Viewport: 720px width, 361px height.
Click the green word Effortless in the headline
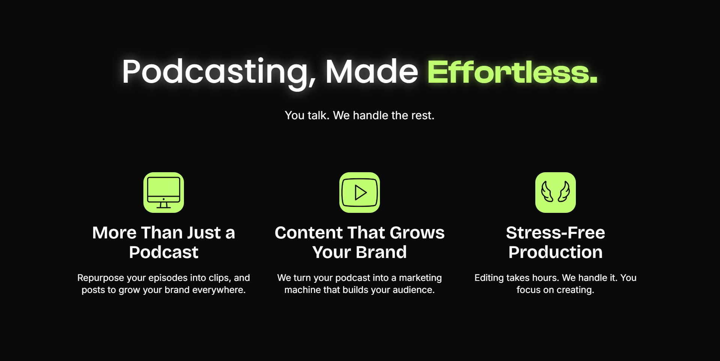tap(512, 72)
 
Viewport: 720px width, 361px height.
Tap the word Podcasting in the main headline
tap(219, 73)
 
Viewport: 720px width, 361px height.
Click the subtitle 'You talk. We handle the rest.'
tap(360, 115)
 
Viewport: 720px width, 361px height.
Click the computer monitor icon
tap(164, 193)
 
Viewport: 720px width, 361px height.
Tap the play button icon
tap(360, 193)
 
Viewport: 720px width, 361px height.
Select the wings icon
tap(556, 193)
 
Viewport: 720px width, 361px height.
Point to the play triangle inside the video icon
tap(360, 193)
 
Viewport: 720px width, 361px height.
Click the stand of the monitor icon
tap(164, 205)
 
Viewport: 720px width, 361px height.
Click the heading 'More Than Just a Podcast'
tap(164, 242)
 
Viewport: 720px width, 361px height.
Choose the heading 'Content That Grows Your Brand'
tap(360, 242)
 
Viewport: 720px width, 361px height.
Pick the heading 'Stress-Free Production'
tap(556, 242)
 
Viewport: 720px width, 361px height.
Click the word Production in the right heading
tap(556, 252)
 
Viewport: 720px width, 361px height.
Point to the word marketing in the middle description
tap(420, 278)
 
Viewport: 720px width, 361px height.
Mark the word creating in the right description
tap(575, 290)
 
